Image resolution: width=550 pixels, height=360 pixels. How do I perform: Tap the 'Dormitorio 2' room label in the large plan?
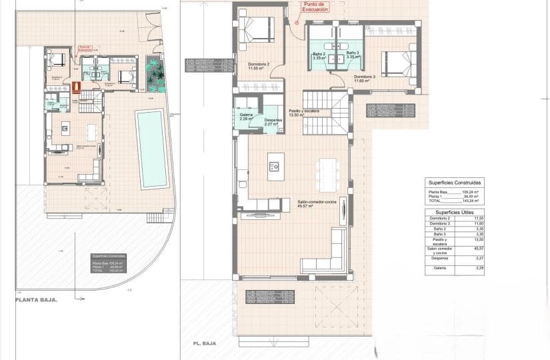[258, 66]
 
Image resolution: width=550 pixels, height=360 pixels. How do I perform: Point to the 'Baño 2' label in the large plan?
[319, 55]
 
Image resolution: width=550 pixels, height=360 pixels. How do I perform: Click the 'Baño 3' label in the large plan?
[353, 55]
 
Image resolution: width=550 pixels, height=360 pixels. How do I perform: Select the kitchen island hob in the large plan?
[275, 167]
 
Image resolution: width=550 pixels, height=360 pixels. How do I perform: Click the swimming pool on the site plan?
[152, 148]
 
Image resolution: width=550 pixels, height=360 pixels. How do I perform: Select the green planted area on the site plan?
[156, 74]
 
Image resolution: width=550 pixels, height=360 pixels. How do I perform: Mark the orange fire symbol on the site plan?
[76, 86]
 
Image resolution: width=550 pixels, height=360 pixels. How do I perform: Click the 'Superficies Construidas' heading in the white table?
[455, 181]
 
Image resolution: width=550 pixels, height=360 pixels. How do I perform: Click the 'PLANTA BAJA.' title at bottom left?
[36, 300]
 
